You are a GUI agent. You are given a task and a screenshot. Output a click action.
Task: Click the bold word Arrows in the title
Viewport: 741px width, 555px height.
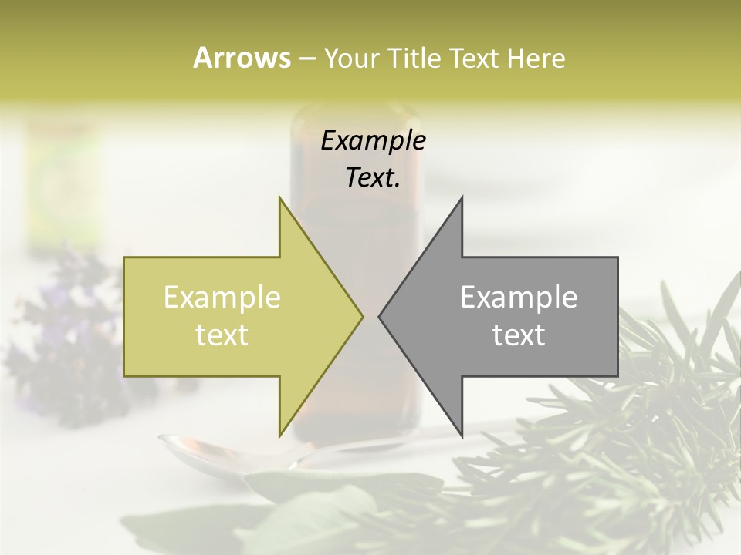(x=242, y=58)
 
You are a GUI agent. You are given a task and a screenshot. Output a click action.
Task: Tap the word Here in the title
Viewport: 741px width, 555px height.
(x=536, y=58)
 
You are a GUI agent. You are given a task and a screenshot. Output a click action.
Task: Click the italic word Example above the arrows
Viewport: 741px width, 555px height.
(x=374, y=141)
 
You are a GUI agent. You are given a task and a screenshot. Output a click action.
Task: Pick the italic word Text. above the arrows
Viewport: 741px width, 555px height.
(x=374, y=177)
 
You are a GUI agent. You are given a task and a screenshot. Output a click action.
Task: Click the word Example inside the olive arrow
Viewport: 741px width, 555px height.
(x=222, y=298)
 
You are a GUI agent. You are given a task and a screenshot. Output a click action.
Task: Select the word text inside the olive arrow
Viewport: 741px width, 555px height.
(x=222, y=335)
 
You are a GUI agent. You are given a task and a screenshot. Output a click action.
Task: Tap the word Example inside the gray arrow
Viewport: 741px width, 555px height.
(x=519, y=298)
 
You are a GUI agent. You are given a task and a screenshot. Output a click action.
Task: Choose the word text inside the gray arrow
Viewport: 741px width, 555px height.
(x=519, y=335)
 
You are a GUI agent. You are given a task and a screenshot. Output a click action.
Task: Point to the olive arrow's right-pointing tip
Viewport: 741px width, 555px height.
(x=361, y=316)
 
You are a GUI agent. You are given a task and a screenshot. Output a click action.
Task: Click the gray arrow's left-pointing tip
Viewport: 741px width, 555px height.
(x=380, y=316)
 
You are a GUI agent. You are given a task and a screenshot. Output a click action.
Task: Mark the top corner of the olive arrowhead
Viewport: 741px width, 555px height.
(x=280, y=197)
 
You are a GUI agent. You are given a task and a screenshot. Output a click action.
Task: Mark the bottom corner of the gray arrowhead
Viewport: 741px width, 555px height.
(x=462, y=436)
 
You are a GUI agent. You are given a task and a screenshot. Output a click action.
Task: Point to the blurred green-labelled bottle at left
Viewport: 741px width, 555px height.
(x=62, y=185)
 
